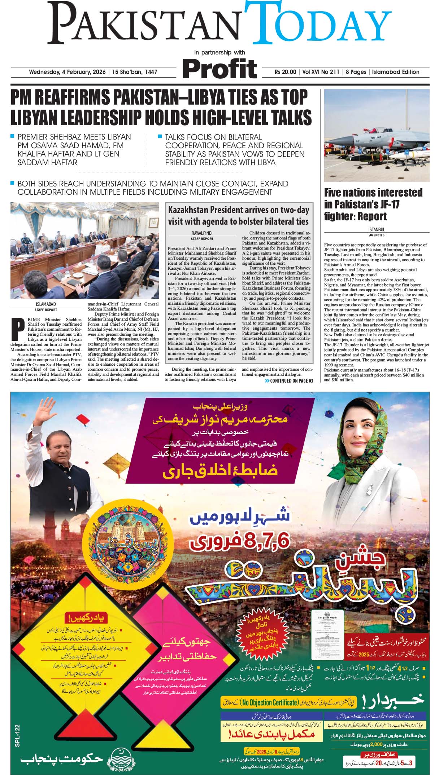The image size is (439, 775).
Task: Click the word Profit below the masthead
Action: coord(219,69)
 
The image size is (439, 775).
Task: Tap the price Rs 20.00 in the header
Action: coord(285,72)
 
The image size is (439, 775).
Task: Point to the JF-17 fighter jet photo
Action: coord(377,135)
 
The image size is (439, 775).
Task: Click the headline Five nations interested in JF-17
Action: coord(373,204)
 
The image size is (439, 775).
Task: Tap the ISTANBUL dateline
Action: coord(377,229)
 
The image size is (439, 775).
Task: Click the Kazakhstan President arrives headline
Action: coord(238,216)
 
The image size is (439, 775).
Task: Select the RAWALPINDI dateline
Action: coord(202,233)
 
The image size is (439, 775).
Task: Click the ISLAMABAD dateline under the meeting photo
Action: coord(45,304)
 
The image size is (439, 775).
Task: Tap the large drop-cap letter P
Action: coord(16,329)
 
